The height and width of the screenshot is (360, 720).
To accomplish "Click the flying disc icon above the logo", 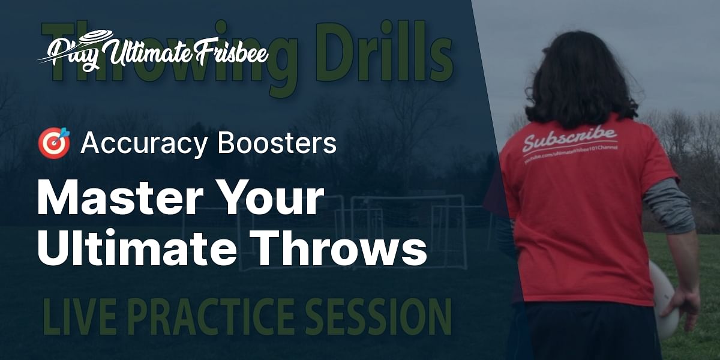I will click(x=91, y=36).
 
